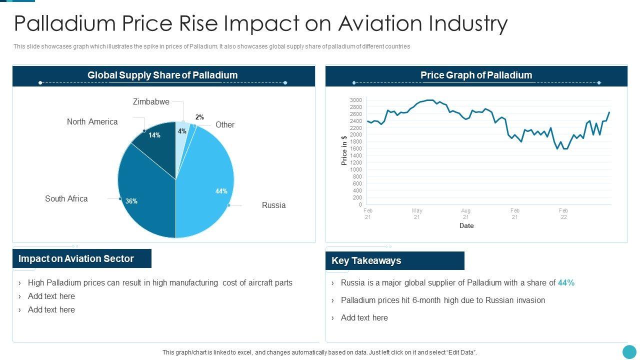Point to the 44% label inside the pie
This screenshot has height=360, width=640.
[221, 191]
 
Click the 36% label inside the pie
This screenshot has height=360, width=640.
[131, 201]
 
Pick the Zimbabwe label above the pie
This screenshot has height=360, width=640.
[151, 101]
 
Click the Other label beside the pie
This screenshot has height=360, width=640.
[224, 124]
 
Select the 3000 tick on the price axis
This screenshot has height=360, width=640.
[355, 100]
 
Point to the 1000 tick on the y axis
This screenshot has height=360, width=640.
[355, 169]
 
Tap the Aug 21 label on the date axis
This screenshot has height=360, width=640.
[465, 213]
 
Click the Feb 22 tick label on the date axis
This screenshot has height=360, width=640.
[563, 213]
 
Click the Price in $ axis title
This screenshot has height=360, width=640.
[344, 150]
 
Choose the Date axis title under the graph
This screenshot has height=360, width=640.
[466, 225]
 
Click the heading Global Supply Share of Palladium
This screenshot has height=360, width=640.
[162, 75]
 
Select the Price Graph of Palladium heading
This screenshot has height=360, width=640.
[476, 75]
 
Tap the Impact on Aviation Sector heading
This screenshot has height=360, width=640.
[76, 258]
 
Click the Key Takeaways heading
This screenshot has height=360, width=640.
[366, 260]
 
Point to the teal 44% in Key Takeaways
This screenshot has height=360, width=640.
[566, 282]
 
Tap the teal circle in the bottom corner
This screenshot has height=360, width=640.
[629, 351]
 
